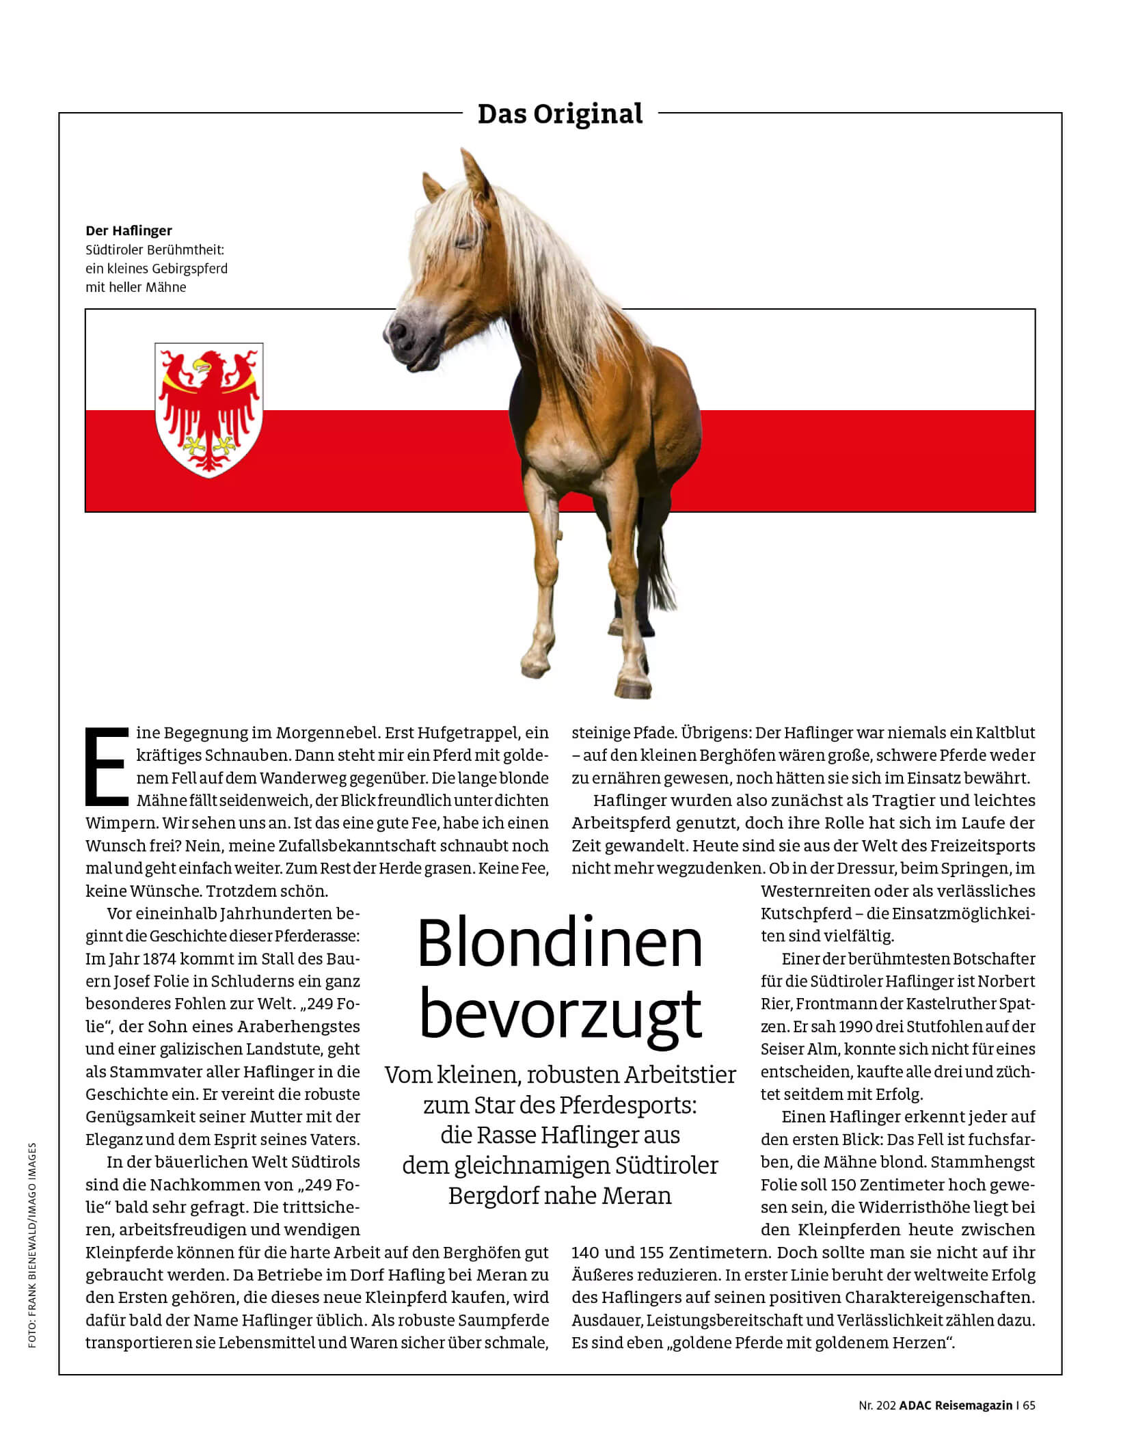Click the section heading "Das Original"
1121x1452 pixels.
click(560, 114)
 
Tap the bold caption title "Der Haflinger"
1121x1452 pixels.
click(129, 230)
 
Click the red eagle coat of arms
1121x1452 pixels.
click(209, 409)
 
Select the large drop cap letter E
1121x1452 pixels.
click(107, 766)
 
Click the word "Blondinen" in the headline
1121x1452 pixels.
click(560, 944)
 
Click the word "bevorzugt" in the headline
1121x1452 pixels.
click(560, 1014)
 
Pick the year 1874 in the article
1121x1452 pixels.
click(159, 958)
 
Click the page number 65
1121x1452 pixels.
click(1029, 1406)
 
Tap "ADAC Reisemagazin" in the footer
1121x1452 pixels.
click(956, 1406)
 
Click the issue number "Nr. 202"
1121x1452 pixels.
click(877, 1406)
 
